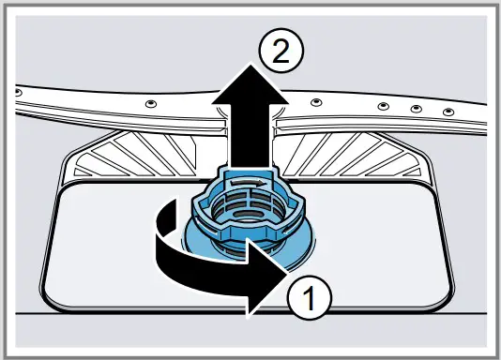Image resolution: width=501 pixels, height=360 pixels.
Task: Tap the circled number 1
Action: [309, 299]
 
